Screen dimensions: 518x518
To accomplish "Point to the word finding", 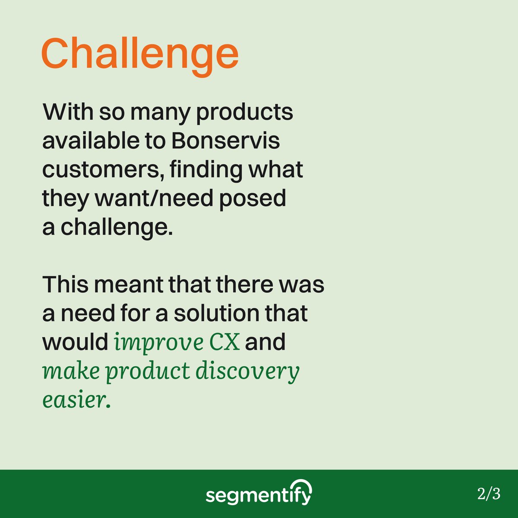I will [205, 170].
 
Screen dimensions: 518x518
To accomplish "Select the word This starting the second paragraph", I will [64, 285].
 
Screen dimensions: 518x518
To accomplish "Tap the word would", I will [75, 342].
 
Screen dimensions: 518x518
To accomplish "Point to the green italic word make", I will [71, 371].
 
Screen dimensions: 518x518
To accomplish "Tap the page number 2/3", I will [489, 493].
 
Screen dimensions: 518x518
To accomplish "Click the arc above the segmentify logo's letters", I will [300, 485].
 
